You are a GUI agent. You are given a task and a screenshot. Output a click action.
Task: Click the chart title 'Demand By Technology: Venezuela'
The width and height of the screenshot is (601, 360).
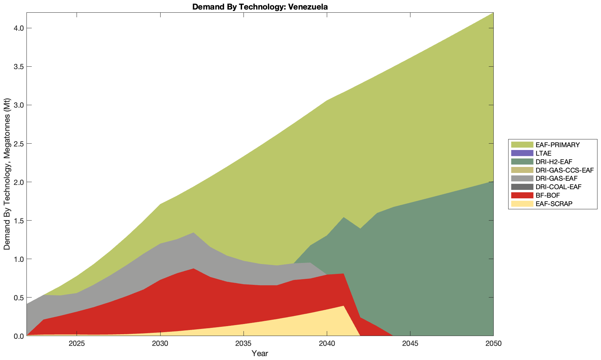[x=260, y=7]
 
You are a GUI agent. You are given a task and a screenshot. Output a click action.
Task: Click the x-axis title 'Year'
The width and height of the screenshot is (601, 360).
[x=260, y=353]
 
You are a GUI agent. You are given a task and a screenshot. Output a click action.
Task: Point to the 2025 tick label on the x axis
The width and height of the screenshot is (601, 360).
[x=77, y=344]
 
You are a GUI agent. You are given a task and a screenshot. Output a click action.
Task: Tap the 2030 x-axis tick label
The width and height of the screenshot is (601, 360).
[x=160, y=344]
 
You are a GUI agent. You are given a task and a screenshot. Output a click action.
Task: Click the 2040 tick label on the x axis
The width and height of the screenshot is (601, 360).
[x=327, y=344]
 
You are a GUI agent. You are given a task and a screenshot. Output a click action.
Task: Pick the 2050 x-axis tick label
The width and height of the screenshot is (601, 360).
[x=493, y=344]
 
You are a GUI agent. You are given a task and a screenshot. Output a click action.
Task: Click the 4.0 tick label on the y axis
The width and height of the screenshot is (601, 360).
[x=18, y=28]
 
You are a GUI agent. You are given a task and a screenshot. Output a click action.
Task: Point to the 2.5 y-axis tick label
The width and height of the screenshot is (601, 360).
[x=18, y=144]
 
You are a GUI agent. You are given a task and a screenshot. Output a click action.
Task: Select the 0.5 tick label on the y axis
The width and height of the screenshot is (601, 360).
[x=18, y=298]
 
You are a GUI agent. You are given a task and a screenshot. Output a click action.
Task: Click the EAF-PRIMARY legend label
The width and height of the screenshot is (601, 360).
[x=557, y=145]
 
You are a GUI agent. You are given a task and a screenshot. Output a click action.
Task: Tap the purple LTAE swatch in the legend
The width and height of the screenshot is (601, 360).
[x=522, y=153]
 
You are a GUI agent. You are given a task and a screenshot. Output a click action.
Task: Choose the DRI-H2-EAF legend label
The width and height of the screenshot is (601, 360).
[x=553, y=162]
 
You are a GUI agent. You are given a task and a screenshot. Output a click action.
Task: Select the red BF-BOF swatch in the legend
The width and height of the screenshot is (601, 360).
[x=522, y=195]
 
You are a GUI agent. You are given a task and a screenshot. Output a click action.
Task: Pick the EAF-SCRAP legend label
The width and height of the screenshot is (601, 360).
[x=554, y=204]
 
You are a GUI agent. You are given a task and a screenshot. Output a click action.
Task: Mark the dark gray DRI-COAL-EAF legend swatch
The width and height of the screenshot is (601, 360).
[x=522, y=187]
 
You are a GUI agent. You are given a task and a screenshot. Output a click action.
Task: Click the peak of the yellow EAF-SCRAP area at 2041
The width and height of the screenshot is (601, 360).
[x=343, y=306]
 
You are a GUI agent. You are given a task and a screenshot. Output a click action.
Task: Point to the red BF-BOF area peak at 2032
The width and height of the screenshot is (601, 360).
[x=193, y=269]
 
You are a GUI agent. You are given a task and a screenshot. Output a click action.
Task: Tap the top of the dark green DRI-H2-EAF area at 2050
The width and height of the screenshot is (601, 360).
[x=492, y=182]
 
